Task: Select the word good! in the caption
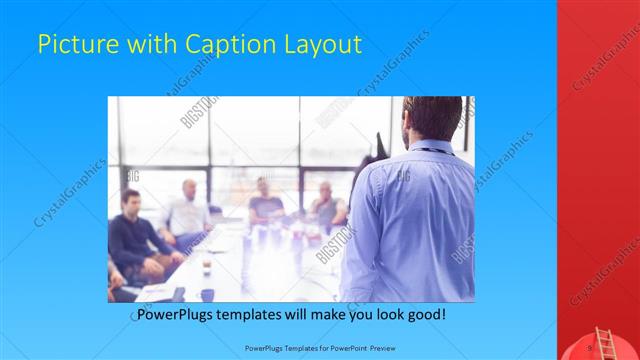(425, 315)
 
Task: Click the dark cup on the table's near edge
(207, 294)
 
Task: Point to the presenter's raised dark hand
(381, 144)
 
